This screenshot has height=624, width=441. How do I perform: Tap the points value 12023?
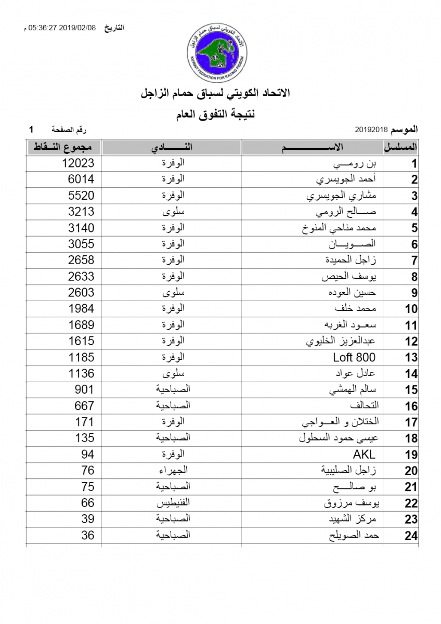78,163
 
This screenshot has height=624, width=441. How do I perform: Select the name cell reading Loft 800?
354,357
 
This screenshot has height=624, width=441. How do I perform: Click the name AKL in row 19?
364,454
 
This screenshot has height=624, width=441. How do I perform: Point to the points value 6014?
81,179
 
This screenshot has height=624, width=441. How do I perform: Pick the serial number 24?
411,536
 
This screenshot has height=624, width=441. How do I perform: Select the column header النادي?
172,147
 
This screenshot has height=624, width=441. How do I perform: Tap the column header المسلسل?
401,147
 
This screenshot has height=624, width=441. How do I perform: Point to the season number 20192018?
371,128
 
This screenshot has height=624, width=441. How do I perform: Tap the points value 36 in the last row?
87,535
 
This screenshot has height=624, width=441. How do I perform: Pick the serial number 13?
411,358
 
